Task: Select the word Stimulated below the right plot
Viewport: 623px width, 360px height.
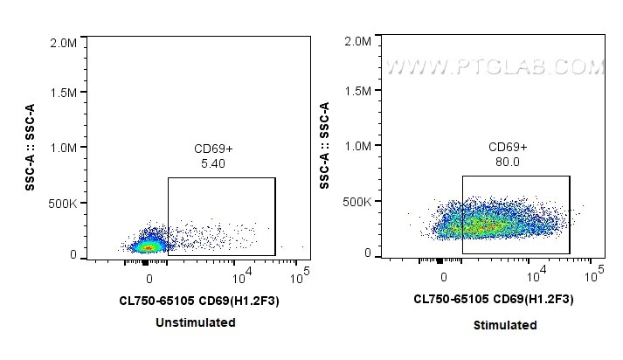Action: [506, 325]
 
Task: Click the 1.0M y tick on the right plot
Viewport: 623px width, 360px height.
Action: [360, 147]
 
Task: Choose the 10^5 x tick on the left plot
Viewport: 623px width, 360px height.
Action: [301, 277]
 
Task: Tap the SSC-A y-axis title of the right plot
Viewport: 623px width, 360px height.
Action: [324, 146]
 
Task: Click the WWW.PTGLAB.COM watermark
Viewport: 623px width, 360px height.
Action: [495, 66]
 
